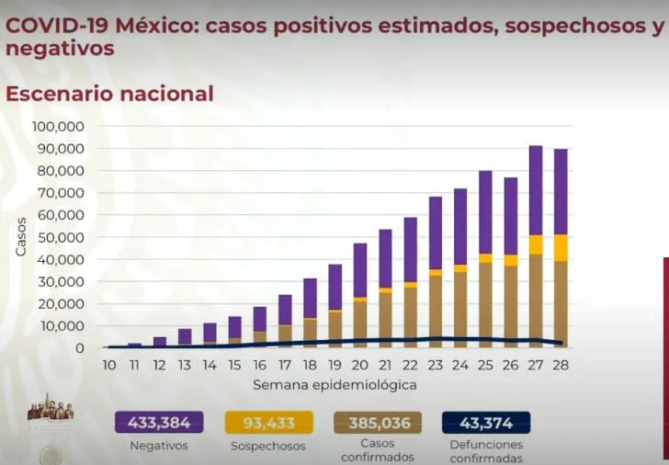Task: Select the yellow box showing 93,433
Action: [267, 423]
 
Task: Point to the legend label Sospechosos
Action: [267, 445]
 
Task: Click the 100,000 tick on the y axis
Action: [58, 127]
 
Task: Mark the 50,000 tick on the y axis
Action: [61, 237]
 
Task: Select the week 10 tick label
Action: [109, 365]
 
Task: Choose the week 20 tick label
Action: [360, 365]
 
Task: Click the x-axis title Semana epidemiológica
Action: [334, 384]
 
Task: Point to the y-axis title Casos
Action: [20, 238]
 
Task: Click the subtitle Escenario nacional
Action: [109, 93]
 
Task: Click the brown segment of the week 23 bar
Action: [436, 311]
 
